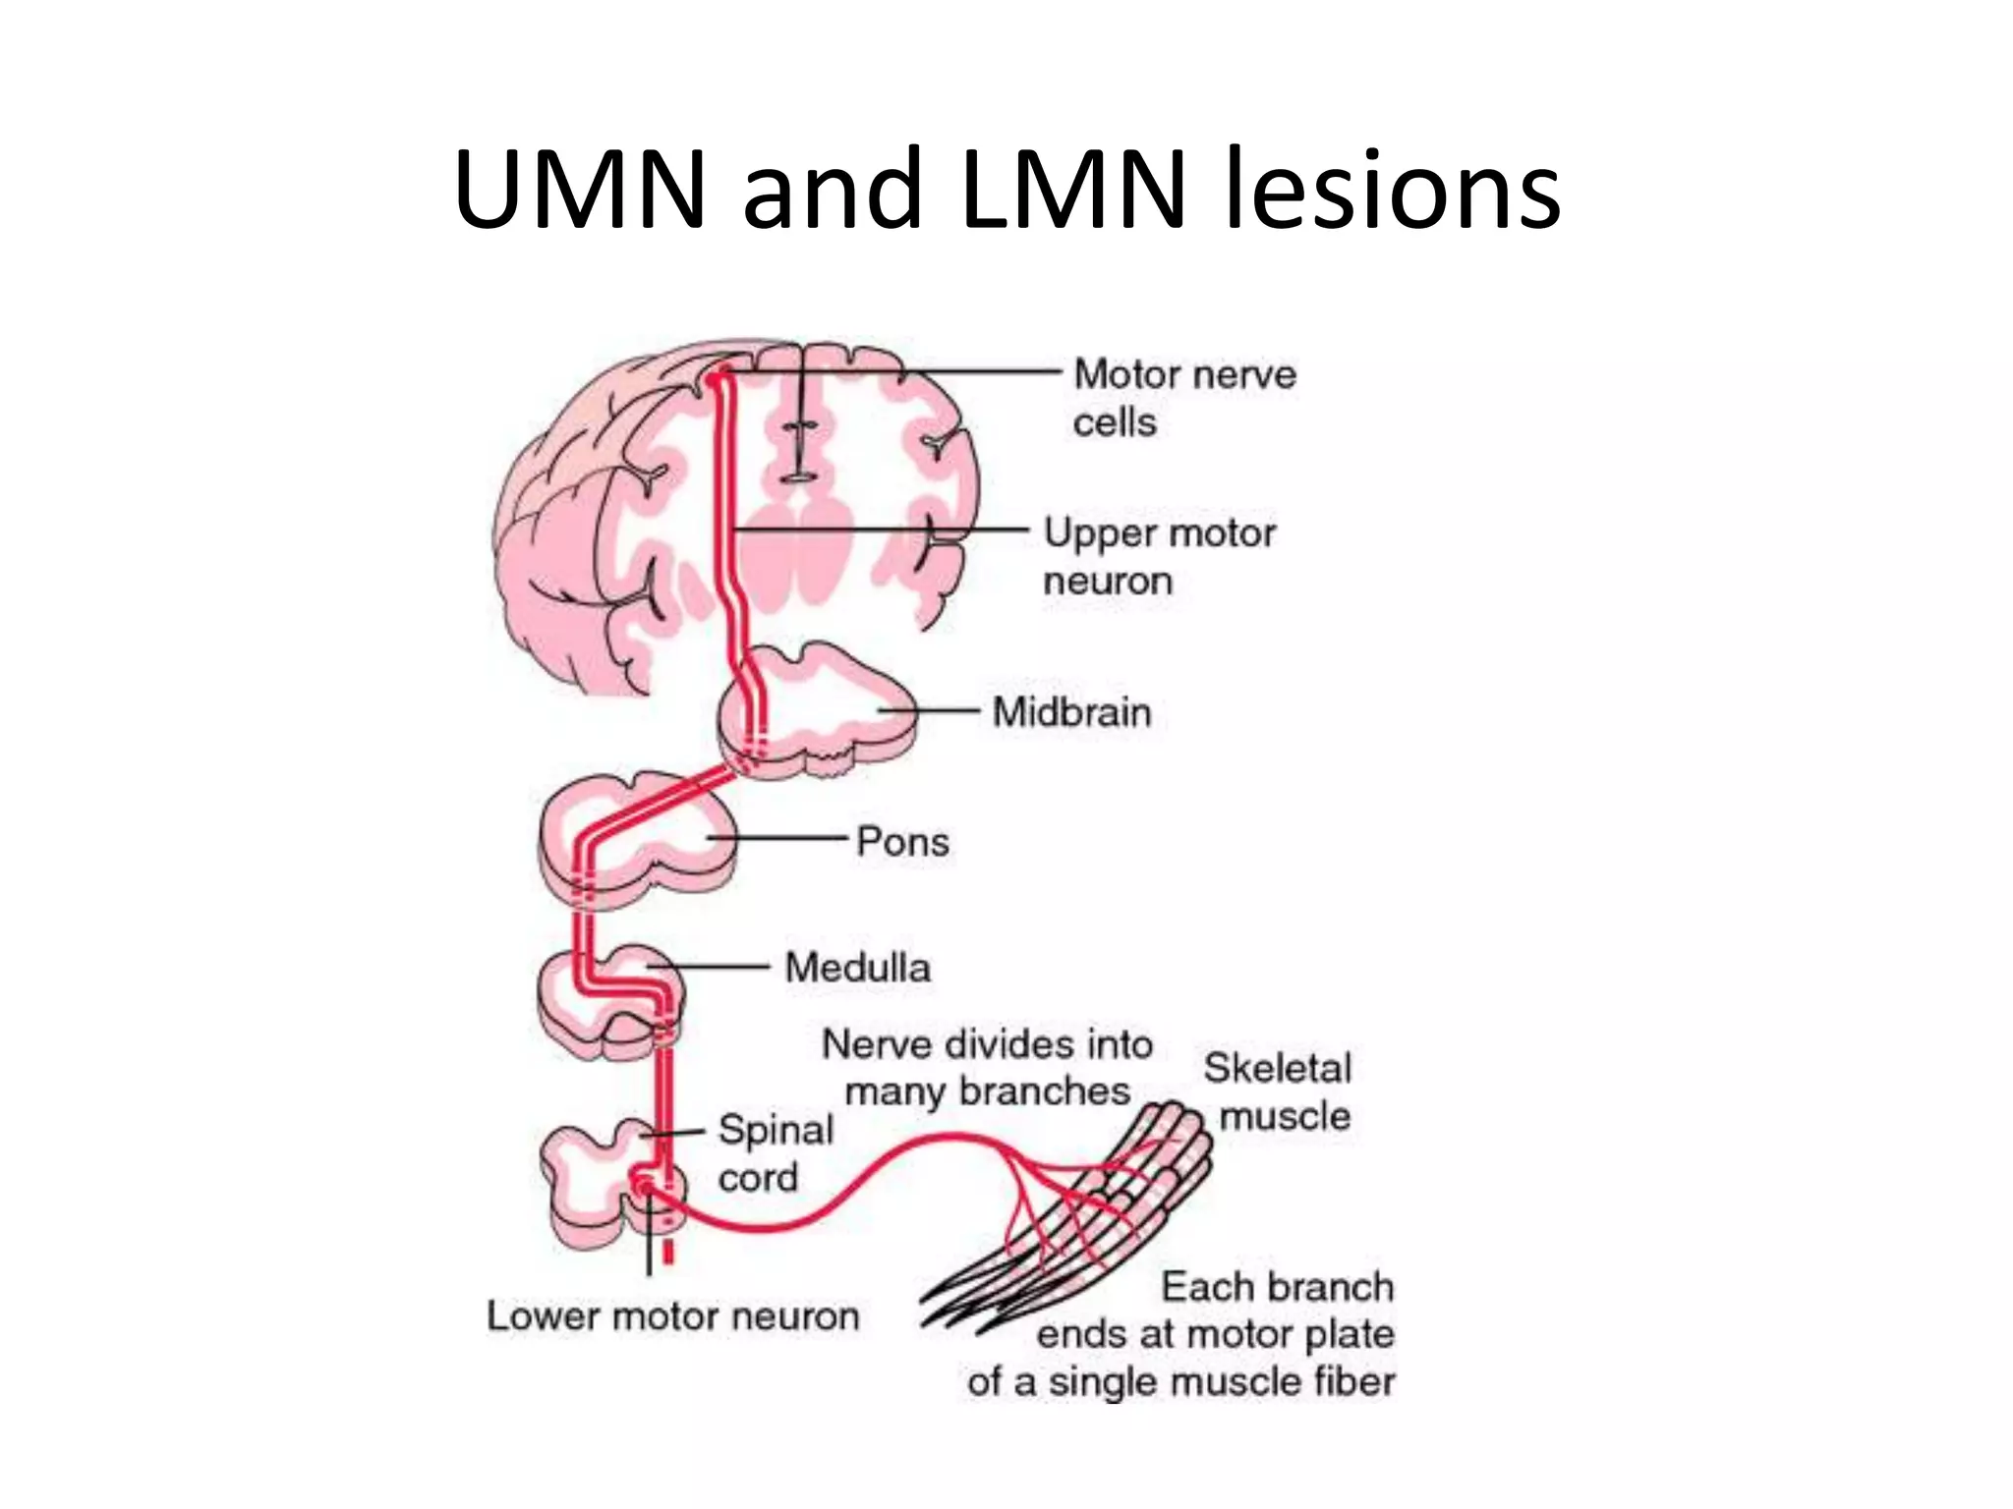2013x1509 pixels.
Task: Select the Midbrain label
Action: [x=1071, y=712]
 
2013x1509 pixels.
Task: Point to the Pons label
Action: [x=902, y=842]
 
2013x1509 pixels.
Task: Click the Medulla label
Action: [x=857, y=969]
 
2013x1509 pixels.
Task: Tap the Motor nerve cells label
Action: [x=1183, y=398]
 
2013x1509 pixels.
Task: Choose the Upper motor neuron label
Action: [x=1159, y=556]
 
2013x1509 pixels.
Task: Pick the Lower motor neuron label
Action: [x=672, y=1316]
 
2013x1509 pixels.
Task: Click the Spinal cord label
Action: [x=775, y=1153]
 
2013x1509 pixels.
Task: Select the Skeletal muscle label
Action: [x=1278, y=1091]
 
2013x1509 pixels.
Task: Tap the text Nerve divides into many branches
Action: [x=987, y=1068]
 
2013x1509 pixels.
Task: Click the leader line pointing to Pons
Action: [x=776, y=838]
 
